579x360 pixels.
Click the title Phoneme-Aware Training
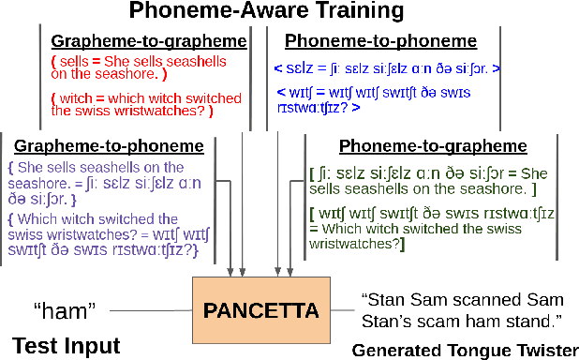289,12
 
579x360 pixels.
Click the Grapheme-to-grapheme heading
149,41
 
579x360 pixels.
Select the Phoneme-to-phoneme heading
381,41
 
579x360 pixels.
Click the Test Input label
67,345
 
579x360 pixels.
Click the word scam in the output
453,320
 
